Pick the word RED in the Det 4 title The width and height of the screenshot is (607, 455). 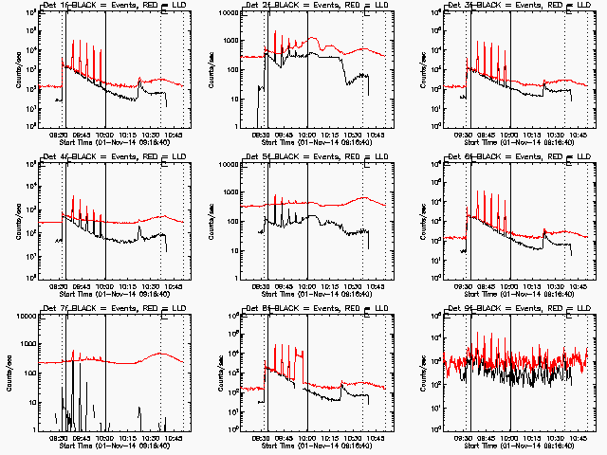coord(138,157)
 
